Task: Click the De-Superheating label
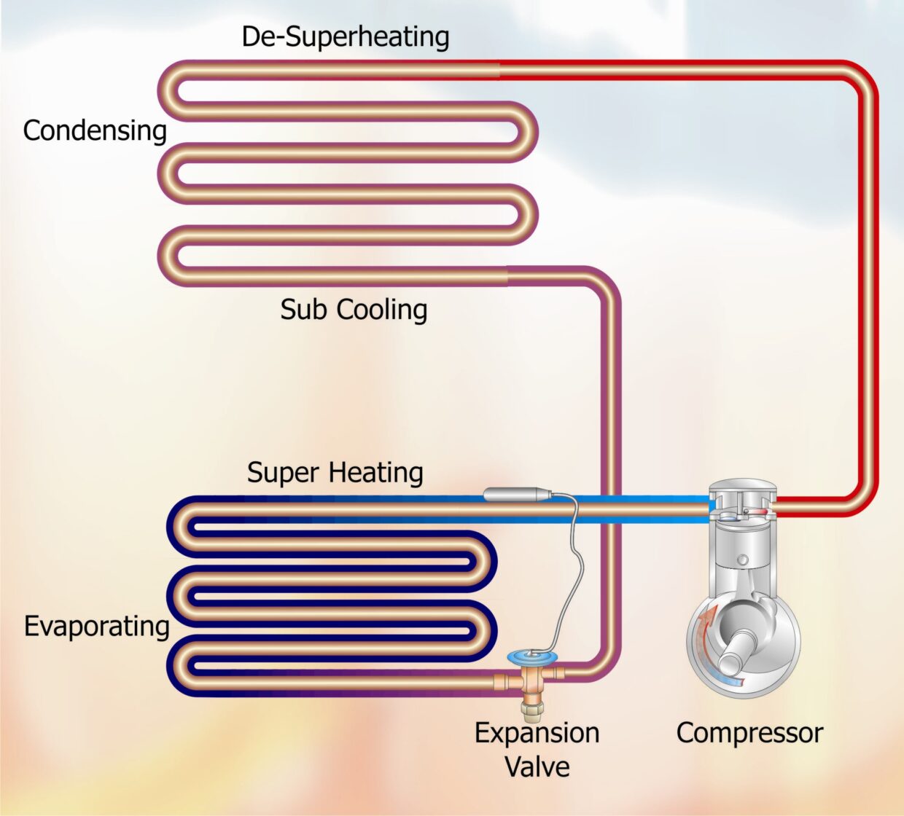[x=345, y=37]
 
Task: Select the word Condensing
[x=95, y=131]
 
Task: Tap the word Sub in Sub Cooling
[x=300, y=310]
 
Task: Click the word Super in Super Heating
[x=281, y=473]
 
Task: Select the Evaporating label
[x=96, y=626]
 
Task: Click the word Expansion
[x=537, y=733]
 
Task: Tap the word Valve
[x=537, y=766]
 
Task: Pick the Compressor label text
[x=749, y=733]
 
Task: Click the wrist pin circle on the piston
[x=742, y=560]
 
